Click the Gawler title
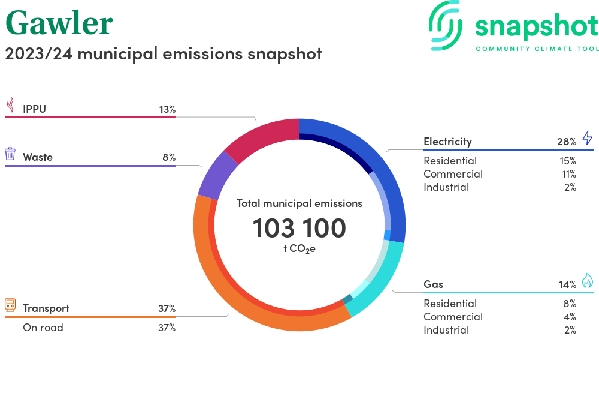coord(59,23)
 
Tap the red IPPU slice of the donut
coord(264,139)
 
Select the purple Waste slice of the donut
coord(211,174)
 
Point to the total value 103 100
coord(299,229)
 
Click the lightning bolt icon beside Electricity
coord(587,139)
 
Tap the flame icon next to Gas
coord(587,281)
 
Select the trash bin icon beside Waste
coord(10,154)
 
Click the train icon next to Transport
coord(10,306)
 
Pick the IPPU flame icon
coord(10,106)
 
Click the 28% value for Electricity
coord(566,142)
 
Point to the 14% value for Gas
coord(566,284)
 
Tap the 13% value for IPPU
coord(167,109)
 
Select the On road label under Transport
coord(43,328)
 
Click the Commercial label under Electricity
coord(453,174)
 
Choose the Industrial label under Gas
coord(446,330)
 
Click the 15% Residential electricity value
coord(568,161)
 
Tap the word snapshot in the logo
coord(536,26)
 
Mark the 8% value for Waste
coord(169,157)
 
